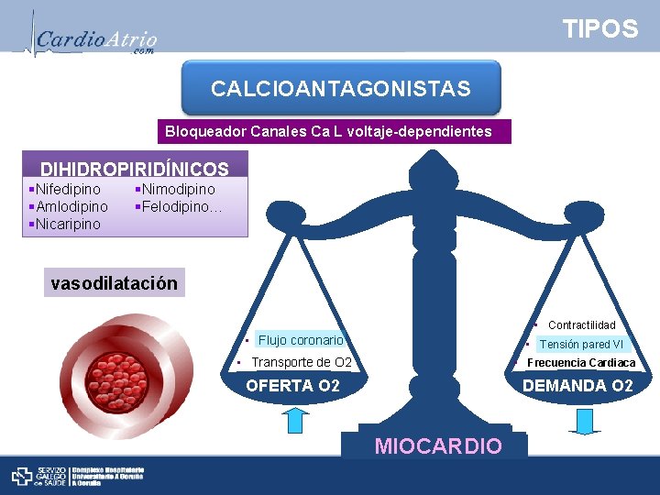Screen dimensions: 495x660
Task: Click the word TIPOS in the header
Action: point(600,29)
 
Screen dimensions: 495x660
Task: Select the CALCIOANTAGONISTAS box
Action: point(341,89)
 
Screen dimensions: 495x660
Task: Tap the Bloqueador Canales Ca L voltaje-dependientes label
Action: point(328,132)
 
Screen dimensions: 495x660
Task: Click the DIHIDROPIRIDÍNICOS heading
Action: point(134,169)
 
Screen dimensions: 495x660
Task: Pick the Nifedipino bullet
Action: point(67,189)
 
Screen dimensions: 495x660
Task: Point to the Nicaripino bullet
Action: point(67,224)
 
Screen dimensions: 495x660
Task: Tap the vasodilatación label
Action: point(115,282)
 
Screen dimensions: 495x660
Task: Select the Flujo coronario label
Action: point(301,340)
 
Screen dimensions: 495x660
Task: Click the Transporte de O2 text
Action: point(302,362)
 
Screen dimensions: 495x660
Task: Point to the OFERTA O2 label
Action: point(292,386)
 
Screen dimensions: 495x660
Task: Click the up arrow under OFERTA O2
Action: point(295,420)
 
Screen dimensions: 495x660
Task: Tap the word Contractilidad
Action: point(581,325)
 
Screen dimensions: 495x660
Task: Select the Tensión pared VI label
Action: point(581,345)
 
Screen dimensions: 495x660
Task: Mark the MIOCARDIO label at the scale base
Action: point(438,446)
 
